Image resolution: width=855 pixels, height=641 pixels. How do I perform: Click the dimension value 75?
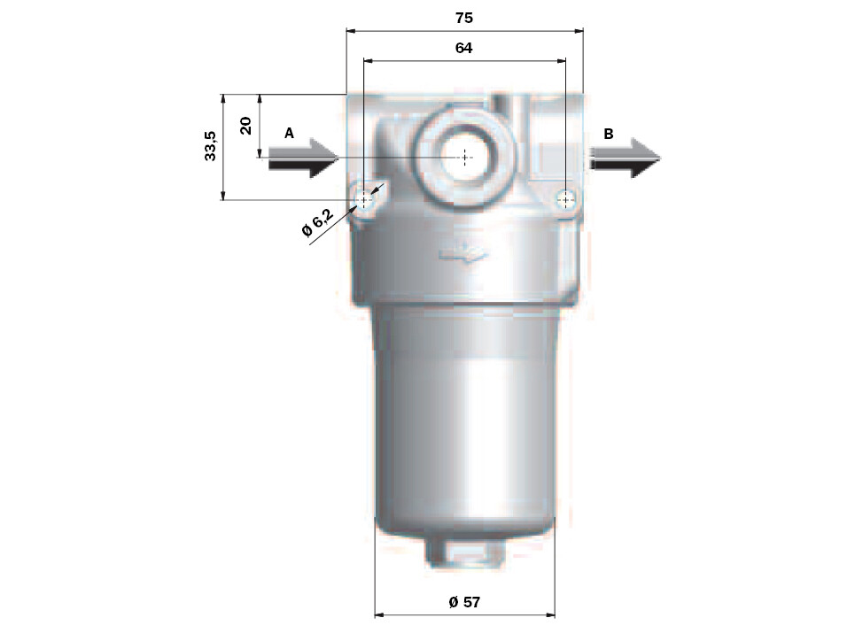click(463, 18)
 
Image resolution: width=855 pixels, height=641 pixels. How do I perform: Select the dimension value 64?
click(463, 48)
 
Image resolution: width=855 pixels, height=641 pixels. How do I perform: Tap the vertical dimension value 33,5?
click(211, 145)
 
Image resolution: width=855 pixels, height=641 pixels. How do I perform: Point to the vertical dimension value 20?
click(246, 126)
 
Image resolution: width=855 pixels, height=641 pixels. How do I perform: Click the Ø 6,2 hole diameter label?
click(317, 222)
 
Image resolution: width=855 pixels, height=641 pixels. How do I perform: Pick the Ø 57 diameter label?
click(464, 602)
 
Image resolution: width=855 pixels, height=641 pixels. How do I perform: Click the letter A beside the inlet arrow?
click(289, 133)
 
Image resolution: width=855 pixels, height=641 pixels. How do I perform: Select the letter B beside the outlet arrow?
click(609, 134)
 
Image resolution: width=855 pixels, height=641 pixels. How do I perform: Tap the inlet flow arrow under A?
click(303, 158)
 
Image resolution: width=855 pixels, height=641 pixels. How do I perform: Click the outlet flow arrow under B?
click(625, 158)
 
